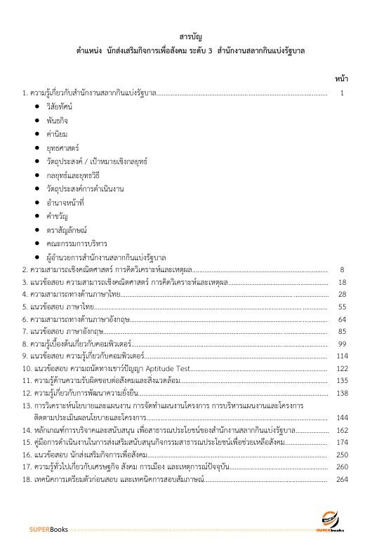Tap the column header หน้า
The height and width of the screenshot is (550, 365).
coord(342,79)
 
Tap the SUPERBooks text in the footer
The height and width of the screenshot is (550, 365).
coord(49,528)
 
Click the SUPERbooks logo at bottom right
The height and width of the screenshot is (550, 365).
coord(333,523)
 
